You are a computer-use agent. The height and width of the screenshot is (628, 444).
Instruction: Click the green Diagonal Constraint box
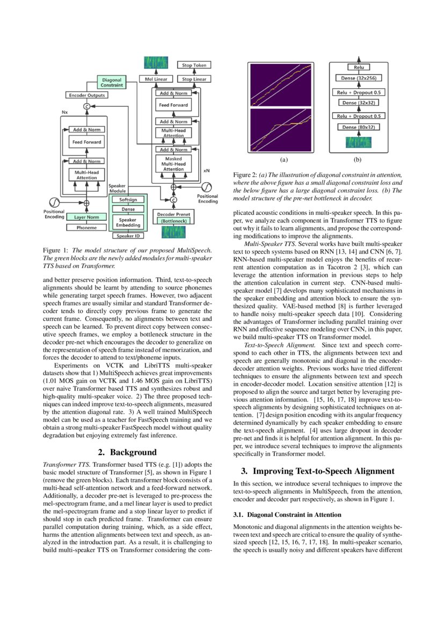[x=112, y=82]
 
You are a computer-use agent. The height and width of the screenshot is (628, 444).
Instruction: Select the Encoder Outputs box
[x=87, y=95]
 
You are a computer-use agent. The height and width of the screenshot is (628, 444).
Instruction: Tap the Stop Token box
[x=194, y=65]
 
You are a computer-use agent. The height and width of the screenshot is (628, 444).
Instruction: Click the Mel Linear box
[x=156, y=79]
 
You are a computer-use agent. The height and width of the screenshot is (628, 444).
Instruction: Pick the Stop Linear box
[x=194, y=79]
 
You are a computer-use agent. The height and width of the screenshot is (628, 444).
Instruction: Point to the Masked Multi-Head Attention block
[x=173, y=164]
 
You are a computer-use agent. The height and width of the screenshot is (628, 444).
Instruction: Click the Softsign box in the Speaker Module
[x=128, y=199]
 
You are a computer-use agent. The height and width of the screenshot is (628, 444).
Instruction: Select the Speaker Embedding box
[x=128, y=223]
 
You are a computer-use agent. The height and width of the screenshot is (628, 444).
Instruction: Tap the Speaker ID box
[x=128, y=235]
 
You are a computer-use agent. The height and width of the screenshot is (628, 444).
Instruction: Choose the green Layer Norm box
[x=86, y=217]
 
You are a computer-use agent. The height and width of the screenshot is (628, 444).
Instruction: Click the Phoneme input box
[x=86, y=228]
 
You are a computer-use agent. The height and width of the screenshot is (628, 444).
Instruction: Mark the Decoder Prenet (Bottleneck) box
[x=173, y=217]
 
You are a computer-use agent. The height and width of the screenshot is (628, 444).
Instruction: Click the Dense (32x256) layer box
[x=358, y=79]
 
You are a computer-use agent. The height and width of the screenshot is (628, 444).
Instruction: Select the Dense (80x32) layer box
[x=358, y=127]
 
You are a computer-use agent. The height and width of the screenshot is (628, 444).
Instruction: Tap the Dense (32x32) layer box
[x=358, y=103]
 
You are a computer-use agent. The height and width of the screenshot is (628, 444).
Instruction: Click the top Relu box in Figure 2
[x=358, y=67]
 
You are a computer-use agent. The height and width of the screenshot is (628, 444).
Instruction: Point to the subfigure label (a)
[x=283, y=160]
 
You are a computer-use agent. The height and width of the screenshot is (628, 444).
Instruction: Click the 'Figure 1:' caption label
[x=56, y=251]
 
